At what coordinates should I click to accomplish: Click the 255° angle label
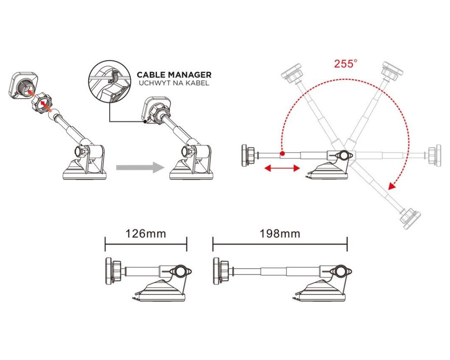(346, 63)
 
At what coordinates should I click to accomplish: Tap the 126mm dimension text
(146, 234)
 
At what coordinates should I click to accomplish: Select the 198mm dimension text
(280, 234)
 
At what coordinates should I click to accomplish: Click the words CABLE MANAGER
(174, 75)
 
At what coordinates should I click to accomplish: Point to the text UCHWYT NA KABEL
(174, 83)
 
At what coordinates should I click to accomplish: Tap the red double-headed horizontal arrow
(282, 168)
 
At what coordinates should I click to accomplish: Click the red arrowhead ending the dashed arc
(392, 186)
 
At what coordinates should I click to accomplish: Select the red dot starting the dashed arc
(283, 153)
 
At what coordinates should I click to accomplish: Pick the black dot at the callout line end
(145, 121)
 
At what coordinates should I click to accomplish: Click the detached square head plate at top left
(23, 85)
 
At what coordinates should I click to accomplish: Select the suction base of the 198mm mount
(320, 290)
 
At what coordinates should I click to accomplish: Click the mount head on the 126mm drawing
(113, 271)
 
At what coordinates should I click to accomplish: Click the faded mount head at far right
(435, 155)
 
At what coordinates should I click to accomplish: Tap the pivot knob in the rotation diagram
(343, 155)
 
